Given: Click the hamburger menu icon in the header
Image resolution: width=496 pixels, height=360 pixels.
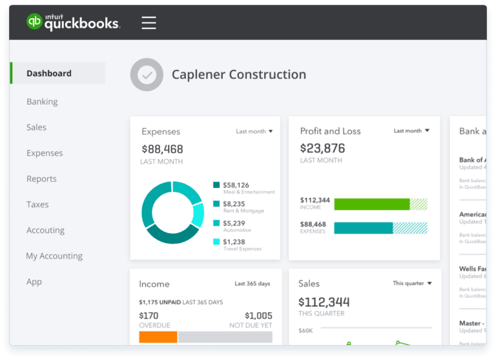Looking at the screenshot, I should tap(149, 23).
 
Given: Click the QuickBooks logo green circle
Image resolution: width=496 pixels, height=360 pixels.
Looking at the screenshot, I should tap(34, 22).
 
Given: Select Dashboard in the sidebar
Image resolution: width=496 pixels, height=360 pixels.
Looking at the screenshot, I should tap(49, 74).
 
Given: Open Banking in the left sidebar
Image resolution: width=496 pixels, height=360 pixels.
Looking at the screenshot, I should tap(42, 101).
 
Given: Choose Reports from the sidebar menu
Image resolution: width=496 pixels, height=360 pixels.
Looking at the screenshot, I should tap(41, 179).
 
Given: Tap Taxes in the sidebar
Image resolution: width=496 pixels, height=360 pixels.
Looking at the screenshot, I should tap(37, 204).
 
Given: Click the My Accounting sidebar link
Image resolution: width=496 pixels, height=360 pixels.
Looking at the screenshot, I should tap(54, 256).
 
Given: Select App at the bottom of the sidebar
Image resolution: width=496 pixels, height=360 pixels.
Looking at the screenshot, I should tap(34, 282).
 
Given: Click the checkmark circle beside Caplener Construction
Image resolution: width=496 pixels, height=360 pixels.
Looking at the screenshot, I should tap(147, 75).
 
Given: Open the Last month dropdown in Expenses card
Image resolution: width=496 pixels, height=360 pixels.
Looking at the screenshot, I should tap(254, 131).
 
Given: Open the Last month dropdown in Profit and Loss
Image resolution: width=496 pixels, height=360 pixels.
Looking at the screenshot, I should tap(412, 131).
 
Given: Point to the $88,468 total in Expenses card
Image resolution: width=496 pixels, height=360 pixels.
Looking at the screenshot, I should tap(162, 149).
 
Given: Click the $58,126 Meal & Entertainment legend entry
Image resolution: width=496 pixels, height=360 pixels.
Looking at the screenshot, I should tap(236, 185).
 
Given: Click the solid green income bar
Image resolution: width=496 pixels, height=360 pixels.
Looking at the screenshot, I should tap(371, 204).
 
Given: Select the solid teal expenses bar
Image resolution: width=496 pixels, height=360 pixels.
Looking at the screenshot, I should tap(363, 228).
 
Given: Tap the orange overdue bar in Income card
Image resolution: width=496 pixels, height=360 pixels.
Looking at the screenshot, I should tap(158, 337).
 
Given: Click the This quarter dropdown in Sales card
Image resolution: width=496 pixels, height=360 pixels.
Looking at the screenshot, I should tap(412, 283).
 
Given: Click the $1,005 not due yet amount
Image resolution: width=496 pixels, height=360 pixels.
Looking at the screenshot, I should tap(259, 316).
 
